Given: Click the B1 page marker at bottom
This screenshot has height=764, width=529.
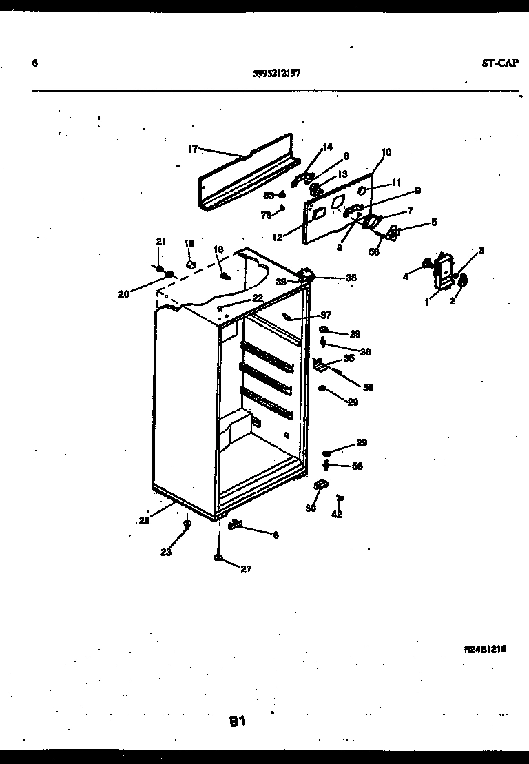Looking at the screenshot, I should pos(238,722).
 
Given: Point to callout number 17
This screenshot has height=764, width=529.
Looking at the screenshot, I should pos(193,149).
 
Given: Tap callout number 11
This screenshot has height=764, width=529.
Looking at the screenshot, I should pos(395,183).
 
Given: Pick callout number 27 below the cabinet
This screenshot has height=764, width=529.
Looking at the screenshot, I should pos(246,568).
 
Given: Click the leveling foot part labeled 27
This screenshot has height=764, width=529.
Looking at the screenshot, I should pos(218,558).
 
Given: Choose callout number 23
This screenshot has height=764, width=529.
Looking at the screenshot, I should pos(165,551).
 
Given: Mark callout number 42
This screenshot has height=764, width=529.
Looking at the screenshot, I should pos(337,514).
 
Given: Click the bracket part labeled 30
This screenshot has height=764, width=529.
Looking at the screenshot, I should pos(320,486).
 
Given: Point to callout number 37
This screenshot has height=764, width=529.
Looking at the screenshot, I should pos(325,316).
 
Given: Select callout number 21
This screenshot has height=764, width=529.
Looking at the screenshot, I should pos(160,242).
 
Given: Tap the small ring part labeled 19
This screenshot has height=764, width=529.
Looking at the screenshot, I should pos(191,263).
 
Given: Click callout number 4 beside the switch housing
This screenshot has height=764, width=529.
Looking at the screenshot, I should pos(406,277).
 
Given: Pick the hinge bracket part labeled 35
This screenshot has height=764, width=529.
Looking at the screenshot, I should pos(319,365).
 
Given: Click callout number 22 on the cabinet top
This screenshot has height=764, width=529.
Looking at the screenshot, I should pos(257,298).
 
